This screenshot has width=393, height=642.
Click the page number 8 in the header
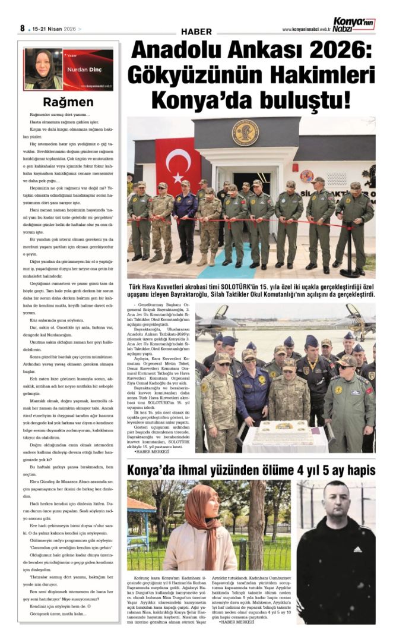point(22,28)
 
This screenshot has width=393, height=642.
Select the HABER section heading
point(196,31)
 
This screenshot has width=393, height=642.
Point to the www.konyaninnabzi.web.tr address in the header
point(306,29)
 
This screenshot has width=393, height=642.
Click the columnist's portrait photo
point(43,69)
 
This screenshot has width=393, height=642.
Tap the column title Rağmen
point(68,102)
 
